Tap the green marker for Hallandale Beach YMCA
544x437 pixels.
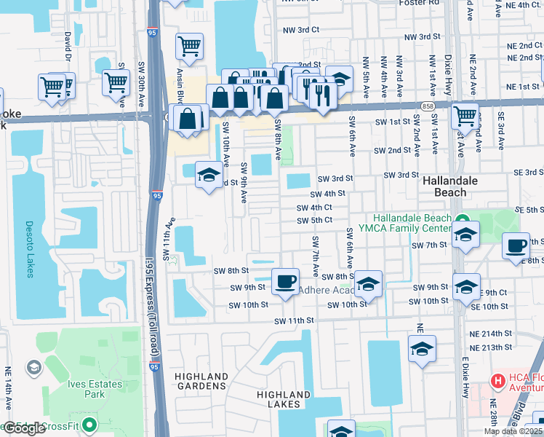462,219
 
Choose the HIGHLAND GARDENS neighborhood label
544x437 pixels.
201,381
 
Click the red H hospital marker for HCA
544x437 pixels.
497,380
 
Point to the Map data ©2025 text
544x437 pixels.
513,431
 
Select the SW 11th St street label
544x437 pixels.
294,320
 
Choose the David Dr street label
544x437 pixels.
68,46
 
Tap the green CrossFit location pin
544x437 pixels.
89,424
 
